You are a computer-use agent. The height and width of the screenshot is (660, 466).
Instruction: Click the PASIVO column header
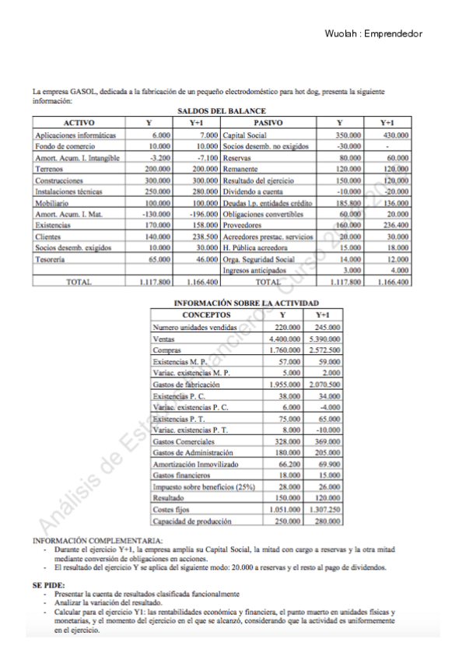(268, 123)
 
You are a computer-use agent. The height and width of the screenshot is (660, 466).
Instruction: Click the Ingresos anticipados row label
(253, 270)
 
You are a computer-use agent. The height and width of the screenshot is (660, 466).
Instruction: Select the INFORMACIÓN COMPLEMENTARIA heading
(97, 540)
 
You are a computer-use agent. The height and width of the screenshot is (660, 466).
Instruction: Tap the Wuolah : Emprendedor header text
(374, 34)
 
